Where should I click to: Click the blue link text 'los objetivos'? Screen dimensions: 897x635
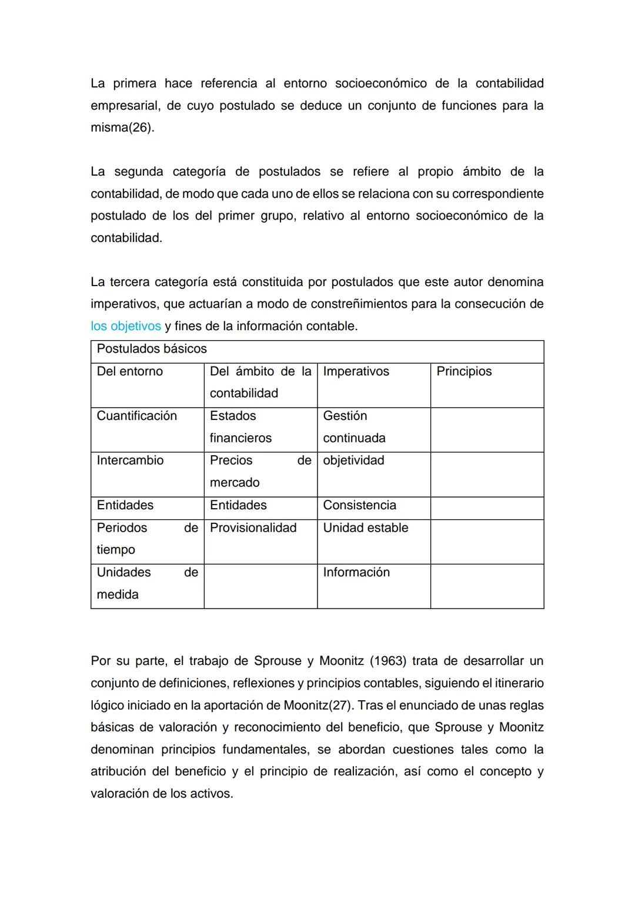pyautogui.click(x=125, y=326)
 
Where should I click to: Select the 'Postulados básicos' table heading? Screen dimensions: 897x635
pyautogui.click(x=152, y=349)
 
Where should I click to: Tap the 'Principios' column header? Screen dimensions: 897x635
pyautogui.click(x=464, y=371)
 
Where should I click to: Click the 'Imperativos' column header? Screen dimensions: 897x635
pyautogui.click(x=356, y=371)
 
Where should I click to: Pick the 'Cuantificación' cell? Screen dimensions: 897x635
pyautogui.click(x=136, y=416)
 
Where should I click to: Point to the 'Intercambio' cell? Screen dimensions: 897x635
pyautogui.click(x=130, y=461)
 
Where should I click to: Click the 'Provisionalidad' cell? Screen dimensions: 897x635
pyautogui.click(x=253, y=528)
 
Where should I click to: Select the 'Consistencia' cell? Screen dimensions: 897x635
pyautogui.click(x=359, y=505)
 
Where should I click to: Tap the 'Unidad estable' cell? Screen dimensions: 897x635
pyautogui.click(x=365, y=528)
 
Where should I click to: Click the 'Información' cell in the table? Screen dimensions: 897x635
pyautogui.click(x=356, y=572)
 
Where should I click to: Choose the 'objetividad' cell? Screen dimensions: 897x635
pyautogui.click(x=353, y=461)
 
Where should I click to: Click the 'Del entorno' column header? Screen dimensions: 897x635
pyautogui.click(x=129, y=371)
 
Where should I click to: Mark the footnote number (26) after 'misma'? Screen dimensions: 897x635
pyautogui.click(x=141, y=127)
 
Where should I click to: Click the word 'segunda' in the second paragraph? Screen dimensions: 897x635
pyautogui.click(x=138, y=172)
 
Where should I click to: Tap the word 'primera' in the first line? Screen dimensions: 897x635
pyautogui.click(x=135, y=83)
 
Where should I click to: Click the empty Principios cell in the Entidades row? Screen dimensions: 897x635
pyautogui.click(x=487, y=508)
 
